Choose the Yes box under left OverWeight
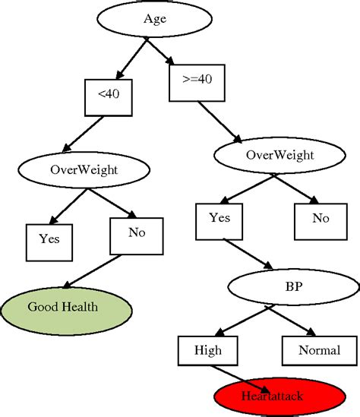coord(50,242)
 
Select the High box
coord(208,351)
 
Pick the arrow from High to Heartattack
coord(235,377)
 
